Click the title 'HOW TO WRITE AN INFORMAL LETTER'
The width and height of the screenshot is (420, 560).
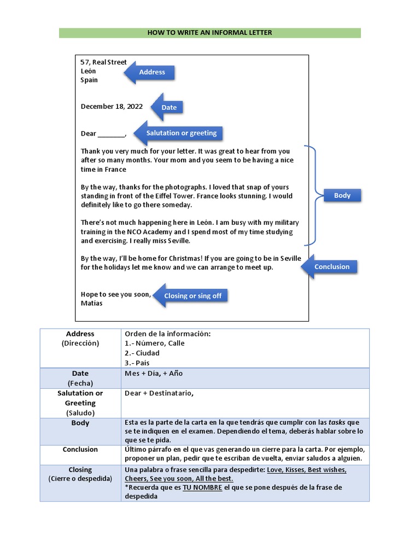pos(209,33)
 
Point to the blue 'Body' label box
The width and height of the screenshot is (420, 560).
pos(342,195)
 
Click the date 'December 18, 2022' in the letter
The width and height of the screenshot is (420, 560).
pos(112,107)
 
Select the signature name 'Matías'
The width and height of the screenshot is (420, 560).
pos(91,304)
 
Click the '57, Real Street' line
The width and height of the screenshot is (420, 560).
pos(103,62)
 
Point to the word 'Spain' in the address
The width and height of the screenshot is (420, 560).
pos(89,80)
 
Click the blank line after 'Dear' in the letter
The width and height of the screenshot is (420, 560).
pos(112,135)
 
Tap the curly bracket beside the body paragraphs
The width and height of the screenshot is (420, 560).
pos(314,195)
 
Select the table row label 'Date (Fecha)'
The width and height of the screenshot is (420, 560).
pos(80,378)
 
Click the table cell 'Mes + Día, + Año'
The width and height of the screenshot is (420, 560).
pos(154,374)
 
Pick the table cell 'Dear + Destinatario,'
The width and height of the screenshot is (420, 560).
pos(159,393)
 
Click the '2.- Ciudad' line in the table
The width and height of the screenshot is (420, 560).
pos(142,353)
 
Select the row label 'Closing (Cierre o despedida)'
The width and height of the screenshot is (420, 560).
pos(80,474)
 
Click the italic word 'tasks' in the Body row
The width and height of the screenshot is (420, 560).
pos(337,423)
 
